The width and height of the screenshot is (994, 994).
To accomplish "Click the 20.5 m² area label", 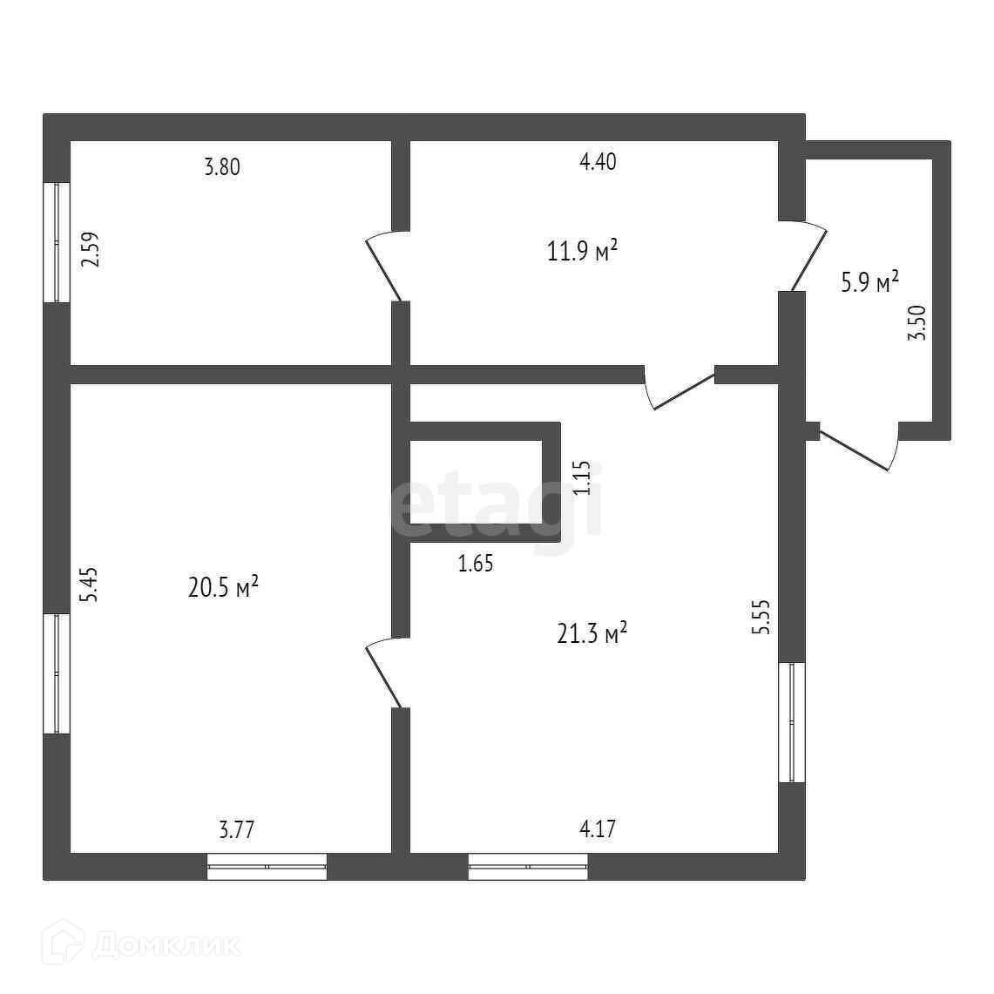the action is (223, 588).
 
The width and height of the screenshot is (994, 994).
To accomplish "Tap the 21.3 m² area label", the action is (592, 633).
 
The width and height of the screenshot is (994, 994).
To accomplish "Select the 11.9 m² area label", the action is (582, 252).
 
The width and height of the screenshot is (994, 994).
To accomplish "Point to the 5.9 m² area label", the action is (869, 283).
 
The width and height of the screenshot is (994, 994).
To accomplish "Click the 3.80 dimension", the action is (221, 166).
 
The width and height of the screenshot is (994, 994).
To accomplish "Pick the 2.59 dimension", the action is (90, 248).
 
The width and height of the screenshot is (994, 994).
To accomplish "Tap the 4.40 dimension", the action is (598, 162).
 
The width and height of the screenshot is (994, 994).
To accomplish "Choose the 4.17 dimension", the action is (598, 828).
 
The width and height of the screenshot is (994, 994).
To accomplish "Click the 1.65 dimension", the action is (476, 564).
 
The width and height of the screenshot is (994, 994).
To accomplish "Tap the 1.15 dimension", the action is (582, 478).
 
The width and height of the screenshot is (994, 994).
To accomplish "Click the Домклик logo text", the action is (166, 944).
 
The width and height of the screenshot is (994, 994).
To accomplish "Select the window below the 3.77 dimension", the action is (267, 867).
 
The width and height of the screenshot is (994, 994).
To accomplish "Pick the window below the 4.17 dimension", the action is (528, 867).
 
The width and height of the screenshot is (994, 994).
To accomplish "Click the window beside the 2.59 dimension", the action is (57, 242).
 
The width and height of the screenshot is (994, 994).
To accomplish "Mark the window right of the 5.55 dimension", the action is (792, 722).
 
